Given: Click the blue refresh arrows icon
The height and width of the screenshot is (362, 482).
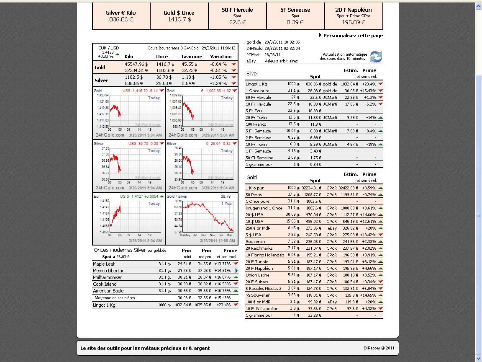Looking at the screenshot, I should click(x=376, y=57).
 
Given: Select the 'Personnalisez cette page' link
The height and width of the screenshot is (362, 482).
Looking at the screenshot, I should click(x=353, y=36).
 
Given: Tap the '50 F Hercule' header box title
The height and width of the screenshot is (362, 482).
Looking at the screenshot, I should click(x=237, y=10).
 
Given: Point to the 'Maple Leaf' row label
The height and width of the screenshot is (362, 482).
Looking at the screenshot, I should click(x=104, y=264).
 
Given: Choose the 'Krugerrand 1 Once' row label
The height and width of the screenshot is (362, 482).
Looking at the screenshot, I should click(x=264, y=208).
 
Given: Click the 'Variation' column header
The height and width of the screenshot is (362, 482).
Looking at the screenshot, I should click(x=221, y=57).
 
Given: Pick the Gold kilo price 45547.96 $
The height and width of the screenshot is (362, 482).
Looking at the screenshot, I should click(x=136, y=64).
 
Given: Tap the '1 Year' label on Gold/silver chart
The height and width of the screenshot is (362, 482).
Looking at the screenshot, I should click(x=227, y=204).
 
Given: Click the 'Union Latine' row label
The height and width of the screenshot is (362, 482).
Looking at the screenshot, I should click(x=257, y=275).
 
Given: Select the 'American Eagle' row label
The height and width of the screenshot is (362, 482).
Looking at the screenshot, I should click(x=108, y=291).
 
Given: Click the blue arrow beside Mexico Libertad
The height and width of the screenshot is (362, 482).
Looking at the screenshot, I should click(x=236, y=271).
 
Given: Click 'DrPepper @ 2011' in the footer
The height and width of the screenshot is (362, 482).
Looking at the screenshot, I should click(x=379, y=348).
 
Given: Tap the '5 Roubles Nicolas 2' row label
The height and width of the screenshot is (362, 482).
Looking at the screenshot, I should click(x=264, y=289).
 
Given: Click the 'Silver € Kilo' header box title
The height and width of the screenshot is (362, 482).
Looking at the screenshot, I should click(x=121, y=13).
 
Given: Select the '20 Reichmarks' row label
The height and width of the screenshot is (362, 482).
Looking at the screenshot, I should click(x=259, y=248).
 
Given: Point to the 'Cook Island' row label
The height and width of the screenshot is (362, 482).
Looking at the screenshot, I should click(x=105, y=284).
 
